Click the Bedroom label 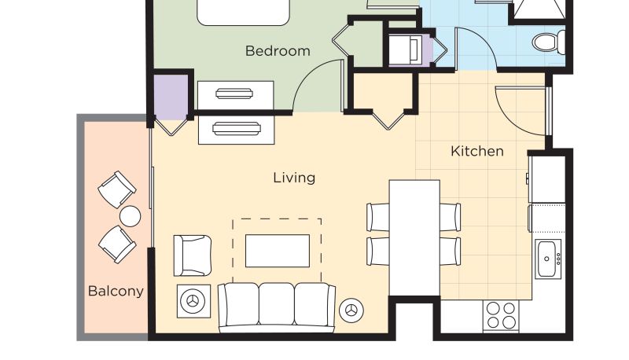point(278,51)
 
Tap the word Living point(294,178)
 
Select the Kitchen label point(477,151)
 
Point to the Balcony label point(116,291)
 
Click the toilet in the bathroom point(549,42)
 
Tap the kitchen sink point(547,259)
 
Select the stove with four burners point(501,316)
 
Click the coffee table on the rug point(278,251)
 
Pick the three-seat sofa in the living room point(277,307)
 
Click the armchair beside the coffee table point(193,255)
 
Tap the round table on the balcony point(130,216)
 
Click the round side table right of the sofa point(351,310)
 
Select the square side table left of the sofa point(193,301)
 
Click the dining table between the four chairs point(414,238)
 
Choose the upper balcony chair point(116,189)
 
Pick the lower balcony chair point(116,244)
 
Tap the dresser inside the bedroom point(236,95)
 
